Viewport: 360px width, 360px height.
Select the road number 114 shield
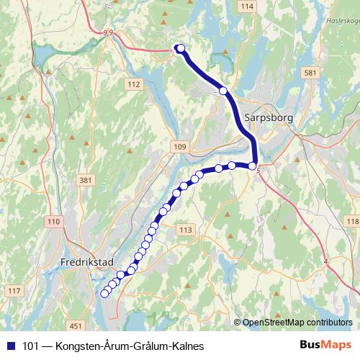(x=248, y=6)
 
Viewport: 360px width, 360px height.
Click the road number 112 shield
(x=133, y=84)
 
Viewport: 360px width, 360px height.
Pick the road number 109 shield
(x=179, y=147)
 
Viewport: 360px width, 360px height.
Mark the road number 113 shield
(x=185, y=230)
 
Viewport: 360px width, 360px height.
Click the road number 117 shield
(x=14, y=290)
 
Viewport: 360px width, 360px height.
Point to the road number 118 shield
(x=352, y=220)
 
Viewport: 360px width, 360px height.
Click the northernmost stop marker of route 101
(x=180, y=48)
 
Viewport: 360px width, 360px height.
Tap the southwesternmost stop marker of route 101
(x=104, y=293)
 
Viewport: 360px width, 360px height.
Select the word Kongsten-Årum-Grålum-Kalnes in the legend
(x=129, y=346)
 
